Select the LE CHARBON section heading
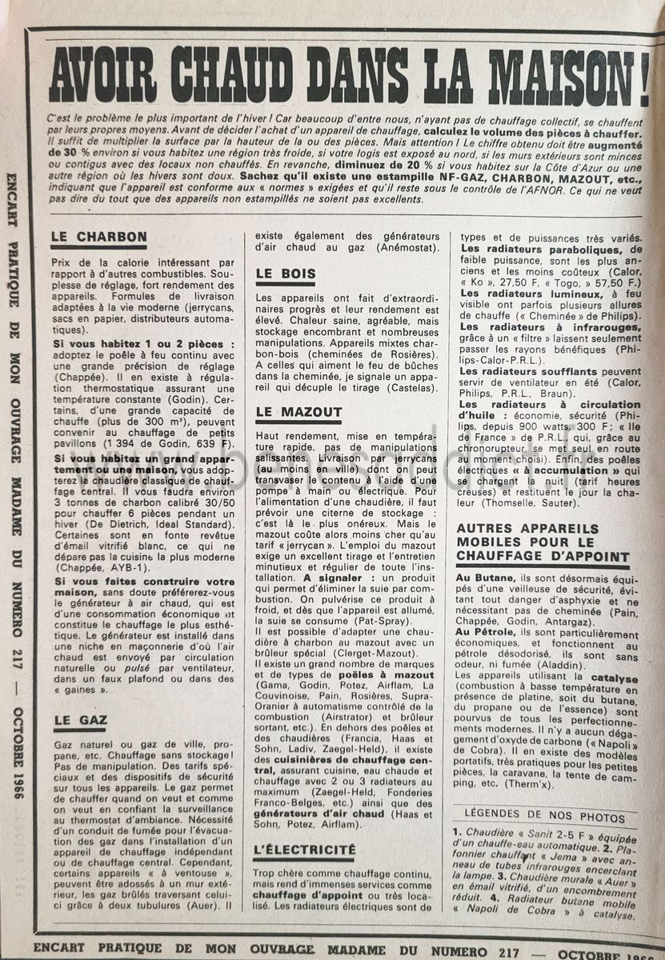point(98,237)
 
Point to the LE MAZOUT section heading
point(298,413)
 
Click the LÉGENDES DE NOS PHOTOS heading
point(545,818)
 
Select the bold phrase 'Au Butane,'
point(486,577)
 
